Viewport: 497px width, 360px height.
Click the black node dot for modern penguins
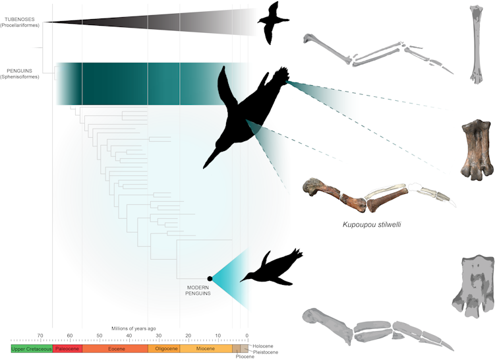(x=210, y=279)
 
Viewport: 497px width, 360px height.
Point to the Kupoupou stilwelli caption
(x=372, y=224)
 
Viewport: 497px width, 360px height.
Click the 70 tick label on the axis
(x=40, y=335)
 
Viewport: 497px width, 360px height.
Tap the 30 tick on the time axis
(x=159, y=335)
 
